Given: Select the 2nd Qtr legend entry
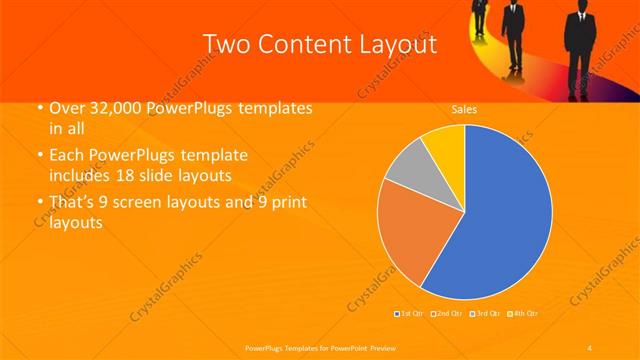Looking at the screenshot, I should coord(445,314).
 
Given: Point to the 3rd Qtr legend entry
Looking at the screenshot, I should coord(485,314).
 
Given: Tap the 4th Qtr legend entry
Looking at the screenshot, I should coord(524,314).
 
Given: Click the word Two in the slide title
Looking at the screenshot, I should coord(226,44).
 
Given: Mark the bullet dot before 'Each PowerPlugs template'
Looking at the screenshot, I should coord(39,157).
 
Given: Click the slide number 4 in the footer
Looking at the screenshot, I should coord(590,346).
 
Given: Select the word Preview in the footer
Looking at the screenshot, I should coord(371,346).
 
